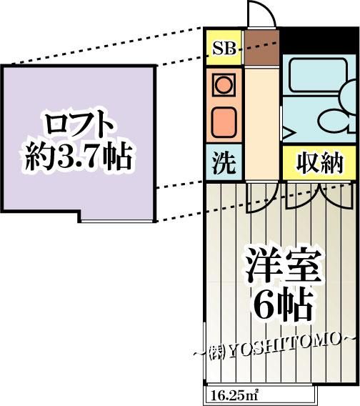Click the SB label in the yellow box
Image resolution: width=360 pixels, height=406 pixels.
[x=224, y=49]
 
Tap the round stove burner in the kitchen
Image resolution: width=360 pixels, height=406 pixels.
[x=224, y=85]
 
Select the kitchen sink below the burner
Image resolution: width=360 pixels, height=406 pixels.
[x=224, y=122]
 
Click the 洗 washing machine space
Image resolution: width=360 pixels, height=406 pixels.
[x=224, y=162]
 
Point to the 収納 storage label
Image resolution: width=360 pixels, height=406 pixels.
[x=320, y=163]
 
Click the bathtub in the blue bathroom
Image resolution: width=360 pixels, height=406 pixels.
[x=319, y=75]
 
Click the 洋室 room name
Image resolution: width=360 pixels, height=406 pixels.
[x=283, y=267]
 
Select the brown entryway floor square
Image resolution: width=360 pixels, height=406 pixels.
[x=262, y=48]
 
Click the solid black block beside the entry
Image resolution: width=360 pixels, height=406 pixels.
[x=319, y=40]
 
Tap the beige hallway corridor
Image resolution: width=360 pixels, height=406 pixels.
[x=262, y=124]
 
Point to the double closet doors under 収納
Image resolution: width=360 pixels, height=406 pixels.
[x=319, y=196]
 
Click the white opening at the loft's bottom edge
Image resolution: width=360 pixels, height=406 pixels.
[x=116, y=221]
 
